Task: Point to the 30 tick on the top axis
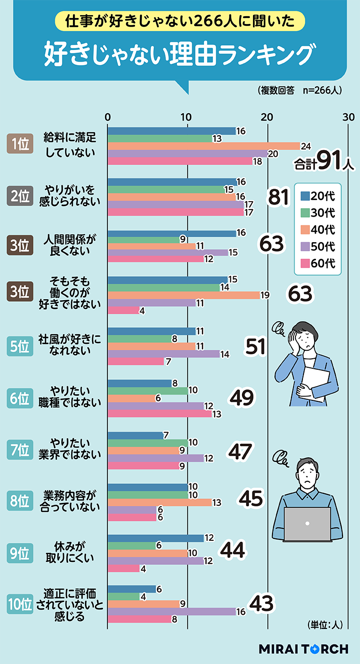click(348, 117)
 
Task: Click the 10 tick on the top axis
click(187, 117)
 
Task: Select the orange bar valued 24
click(203, 146)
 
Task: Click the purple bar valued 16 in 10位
click(171, 611)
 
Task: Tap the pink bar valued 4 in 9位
click(123, 568)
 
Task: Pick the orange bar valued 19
click(183, 295)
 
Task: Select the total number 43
click(260, 604)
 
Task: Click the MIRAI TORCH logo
click(303, 649)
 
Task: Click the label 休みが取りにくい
click(70, 552)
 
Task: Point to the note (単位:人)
click(323, 624)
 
